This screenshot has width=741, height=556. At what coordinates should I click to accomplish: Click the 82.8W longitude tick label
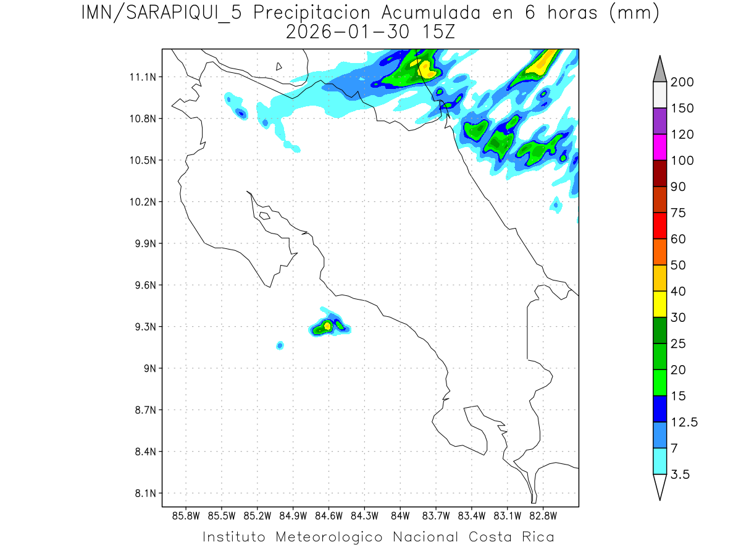543,515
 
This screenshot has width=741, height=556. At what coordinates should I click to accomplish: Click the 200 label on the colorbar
682,82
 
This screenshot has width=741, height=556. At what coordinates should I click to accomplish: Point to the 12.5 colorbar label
684,422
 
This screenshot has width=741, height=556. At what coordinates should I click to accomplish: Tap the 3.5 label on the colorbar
680,474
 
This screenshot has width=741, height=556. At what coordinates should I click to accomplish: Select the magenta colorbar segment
659,147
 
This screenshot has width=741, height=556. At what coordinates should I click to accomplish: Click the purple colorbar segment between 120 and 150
659,121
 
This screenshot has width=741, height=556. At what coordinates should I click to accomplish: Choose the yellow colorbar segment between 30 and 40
659,304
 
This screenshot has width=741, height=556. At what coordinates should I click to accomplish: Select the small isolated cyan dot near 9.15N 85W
280,345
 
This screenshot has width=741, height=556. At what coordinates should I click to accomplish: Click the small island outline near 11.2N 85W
279,66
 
